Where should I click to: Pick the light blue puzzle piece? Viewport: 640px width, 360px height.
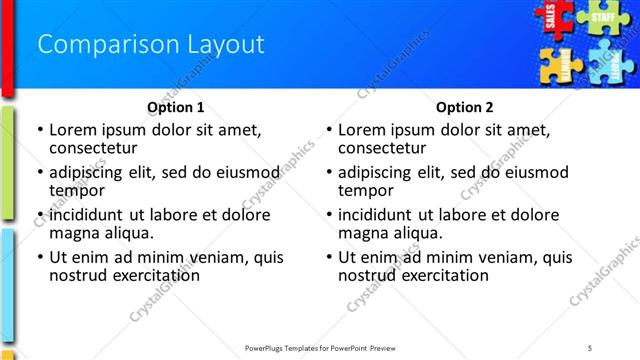point(609,62)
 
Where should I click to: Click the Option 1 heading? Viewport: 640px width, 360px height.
point(176,107)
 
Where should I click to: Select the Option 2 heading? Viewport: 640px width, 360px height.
point(465,107)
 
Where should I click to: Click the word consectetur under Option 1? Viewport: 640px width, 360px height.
point(93,148)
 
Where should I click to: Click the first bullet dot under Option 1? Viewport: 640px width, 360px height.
point(39,130)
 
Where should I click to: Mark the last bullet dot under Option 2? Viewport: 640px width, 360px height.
point(329,257)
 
